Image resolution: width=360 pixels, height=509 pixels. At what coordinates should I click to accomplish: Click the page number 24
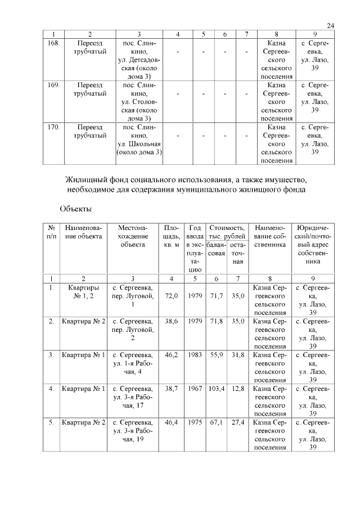(x=330, y=25)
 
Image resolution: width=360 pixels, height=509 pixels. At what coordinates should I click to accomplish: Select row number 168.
(x=51, y=43)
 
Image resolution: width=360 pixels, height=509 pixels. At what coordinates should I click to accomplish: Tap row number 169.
(x=51, y=86)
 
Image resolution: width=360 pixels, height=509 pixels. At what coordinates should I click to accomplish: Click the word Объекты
(x=75, y=209)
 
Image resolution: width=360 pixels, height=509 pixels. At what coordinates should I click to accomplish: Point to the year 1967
(x=195, y=389)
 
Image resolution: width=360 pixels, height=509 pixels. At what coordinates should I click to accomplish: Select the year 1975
(x=195, y=422)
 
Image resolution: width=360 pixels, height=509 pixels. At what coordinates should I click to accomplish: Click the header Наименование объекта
(x=83, y=232)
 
